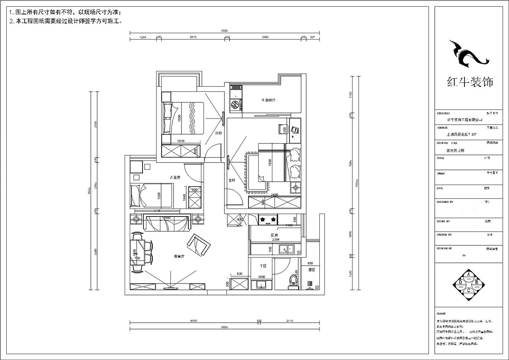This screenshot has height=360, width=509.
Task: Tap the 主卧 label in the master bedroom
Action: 232,181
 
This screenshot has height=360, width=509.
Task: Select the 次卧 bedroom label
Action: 218,133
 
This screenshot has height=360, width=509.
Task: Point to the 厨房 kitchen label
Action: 274,235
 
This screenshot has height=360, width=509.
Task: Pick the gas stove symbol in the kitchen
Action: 269,219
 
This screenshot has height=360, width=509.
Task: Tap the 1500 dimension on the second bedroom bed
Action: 179,118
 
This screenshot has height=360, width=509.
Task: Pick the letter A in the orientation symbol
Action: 469,274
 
